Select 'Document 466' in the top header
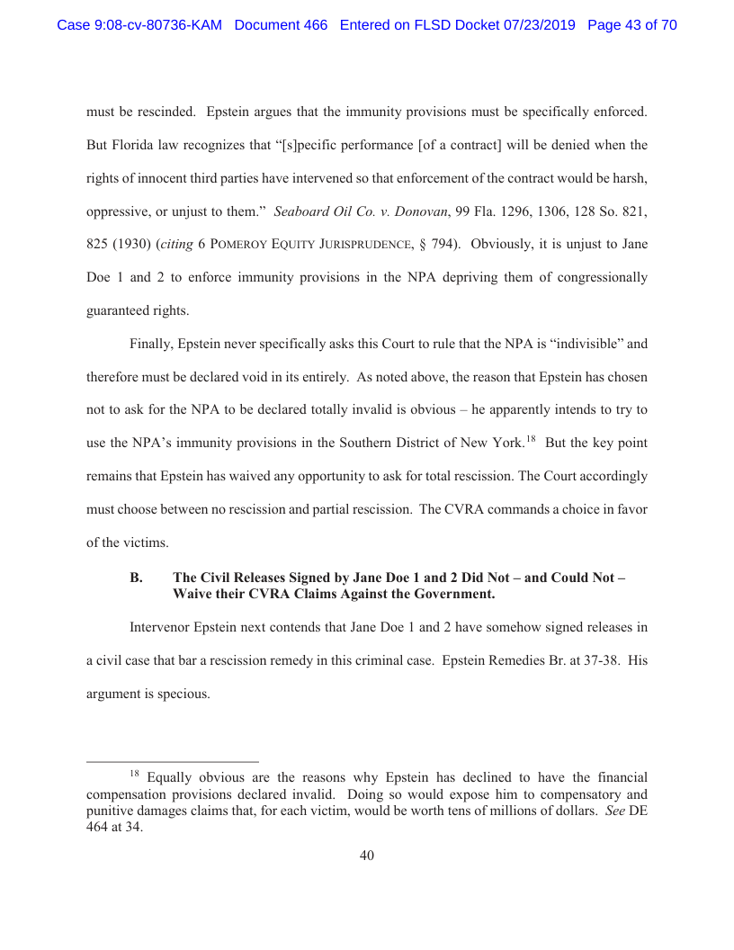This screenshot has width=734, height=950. tap(281, 25)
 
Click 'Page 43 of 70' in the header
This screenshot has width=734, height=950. tap(631, 25)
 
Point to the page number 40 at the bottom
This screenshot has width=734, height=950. tap(367, 856)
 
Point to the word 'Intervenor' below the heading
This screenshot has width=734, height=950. tap(161, 627)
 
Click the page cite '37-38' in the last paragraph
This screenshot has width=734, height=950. tap(586, 660)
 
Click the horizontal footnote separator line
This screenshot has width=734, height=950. tap(172, 760)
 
